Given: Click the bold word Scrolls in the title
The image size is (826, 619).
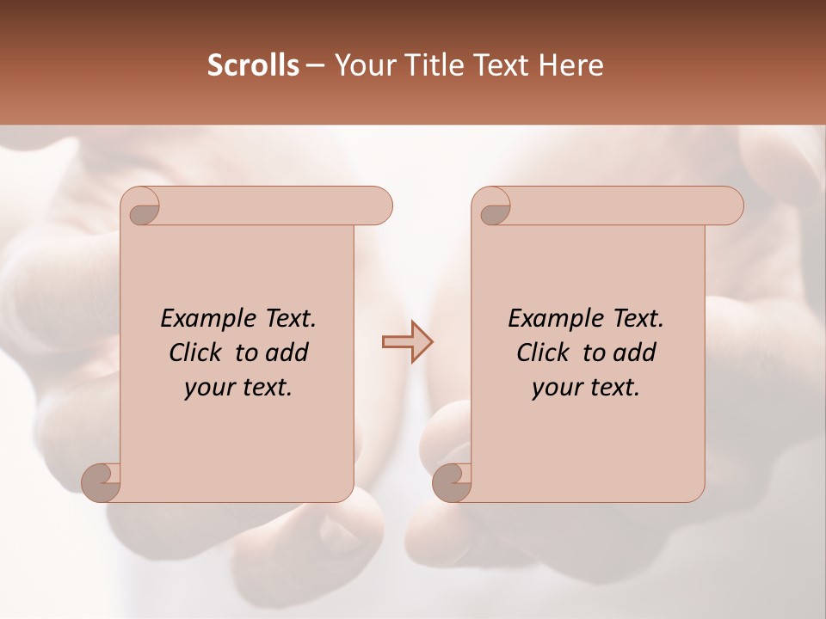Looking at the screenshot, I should coord(254,65).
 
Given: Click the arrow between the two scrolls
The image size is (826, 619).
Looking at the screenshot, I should coord(407,342).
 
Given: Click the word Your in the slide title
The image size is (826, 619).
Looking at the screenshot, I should coord(361,65).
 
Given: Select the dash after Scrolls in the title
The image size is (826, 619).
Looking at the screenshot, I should coord(315,65).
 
